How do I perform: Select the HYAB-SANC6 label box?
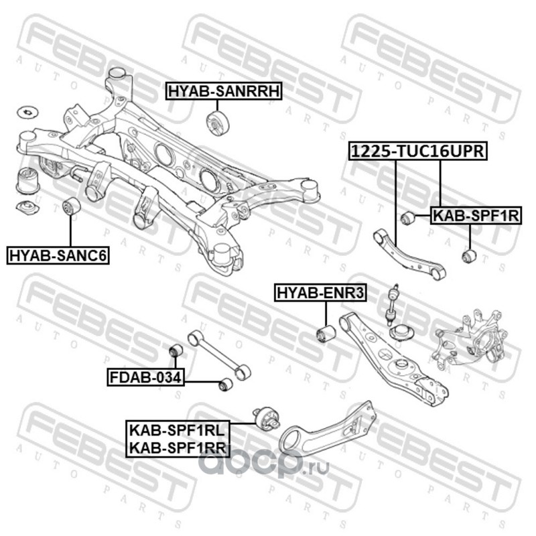coord(58,255)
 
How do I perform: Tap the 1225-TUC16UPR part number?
coord(418,152)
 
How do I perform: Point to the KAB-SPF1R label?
coord(475,216)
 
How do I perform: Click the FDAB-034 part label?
coord(145,378)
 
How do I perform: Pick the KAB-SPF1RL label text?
coord(177,428)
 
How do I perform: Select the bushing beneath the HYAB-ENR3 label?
coord(326,333)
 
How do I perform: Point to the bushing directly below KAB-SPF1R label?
coord(469,256)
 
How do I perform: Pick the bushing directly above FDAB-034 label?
coord(176,350)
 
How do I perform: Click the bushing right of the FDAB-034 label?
coord(226,384)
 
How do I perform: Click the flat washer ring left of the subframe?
coord(28,111)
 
